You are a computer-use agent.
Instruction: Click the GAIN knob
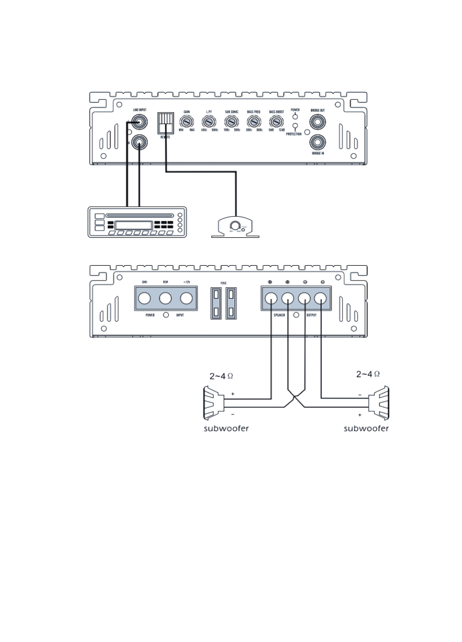click(186, 122)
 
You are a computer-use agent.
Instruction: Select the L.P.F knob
click(209, 122)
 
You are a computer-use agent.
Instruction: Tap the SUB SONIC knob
click(232, 122)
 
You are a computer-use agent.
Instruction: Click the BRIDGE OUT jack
click(317, 123)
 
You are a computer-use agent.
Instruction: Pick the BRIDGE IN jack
click(317, 142)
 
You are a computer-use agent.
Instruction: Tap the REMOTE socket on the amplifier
click(165, 123)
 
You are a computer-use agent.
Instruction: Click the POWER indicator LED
click(295, 116)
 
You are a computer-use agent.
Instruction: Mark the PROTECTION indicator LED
click(295, 127)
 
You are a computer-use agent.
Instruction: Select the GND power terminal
click(145, 299)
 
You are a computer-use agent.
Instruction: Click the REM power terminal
click(166, 299)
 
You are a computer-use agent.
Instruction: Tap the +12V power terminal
click(186, 299)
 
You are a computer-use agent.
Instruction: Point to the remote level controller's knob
click(236, 225)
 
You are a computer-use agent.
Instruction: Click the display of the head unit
click(134, 225)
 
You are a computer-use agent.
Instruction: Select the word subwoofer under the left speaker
click(225, 428)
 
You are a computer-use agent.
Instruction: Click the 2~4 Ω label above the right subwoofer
click(368, 375)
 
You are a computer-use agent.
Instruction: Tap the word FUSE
click(223, 283)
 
